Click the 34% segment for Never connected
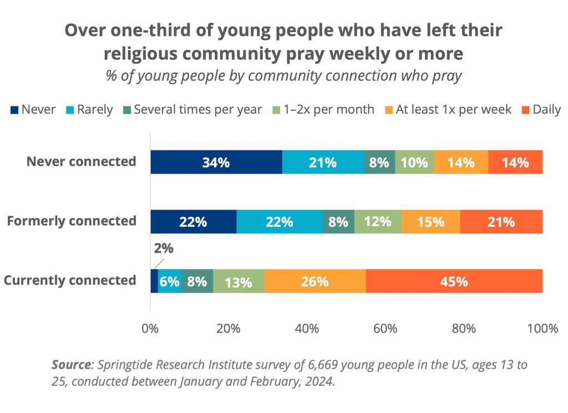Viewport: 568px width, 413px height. pos(216,162)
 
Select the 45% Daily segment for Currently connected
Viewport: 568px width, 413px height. pos(454,281)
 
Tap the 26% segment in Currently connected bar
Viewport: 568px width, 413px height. pos(315,281)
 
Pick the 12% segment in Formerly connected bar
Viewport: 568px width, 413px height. pos(378,222)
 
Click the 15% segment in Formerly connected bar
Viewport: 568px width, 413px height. pos(430,222)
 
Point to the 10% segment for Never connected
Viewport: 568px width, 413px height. pos(414,162)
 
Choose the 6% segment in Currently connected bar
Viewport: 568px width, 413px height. pos(170,281)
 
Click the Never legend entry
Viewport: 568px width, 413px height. pos(33,110)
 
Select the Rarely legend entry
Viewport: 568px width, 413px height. pos(89,110)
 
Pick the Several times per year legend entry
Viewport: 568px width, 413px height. pos(191,110)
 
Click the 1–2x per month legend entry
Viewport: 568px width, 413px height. pos(327,110)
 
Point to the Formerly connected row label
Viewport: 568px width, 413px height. pos(71,221)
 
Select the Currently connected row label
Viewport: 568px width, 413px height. pos(70,280)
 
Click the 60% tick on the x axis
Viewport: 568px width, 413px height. pos(385,329)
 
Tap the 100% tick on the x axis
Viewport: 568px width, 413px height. pos(542,329)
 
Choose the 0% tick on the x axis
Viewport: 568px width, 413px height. pos(150,329)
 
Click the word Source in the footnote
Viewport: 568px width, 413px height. pos(71,365)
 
